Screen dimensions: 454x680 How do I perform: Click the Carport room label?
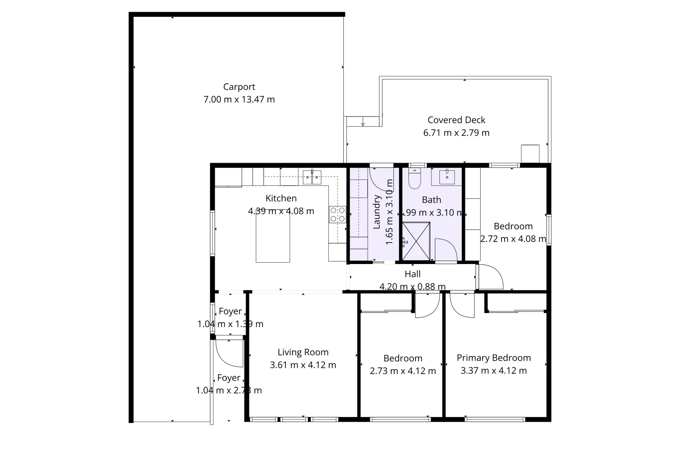tap(239, 87)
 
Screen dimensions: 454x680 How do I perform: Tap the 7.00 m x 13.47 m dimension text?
tap(239, 100)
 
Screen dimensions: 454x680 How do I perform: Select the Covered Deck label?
tap(456, 120)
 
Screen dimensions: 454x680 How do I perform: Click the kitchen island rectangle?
tap(273, 240)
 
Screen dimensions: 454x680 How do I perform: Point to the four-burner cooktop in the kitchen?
tap(337, 214)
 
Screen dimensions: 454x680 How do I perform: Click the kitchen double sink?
tap(312, 177)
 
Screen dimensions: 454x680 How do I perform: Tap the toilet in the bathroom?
tap(414, 179)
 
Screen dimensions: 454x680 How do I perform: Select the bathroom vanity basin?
tap(447, 177)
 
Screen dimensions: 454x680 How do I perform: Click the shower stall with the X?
tap(416, 242)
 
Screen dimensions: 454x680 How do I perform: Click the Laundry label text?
tap(377, 212)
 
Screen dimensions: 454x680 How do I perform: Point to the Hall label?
tap(413, 274)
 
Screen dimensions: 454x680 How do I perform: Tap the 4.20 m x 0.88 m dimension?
tap(413, 287)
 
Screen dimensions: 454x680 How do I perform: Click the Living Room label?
tap(303, 352)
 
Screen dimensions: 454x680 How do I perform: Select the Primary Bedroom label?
tap(494, 358)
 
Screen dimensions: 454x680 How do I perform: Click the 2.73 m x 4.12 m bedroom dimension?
tap(403, 371)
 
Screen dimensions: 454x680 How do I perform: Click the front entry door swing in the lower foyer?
tap(228, 354)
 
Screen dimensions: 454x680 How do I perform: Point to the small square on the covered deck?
tap(530, 153)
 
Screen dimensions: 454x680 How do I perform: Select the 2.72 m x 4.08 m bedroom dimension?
tap(513, 239)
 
